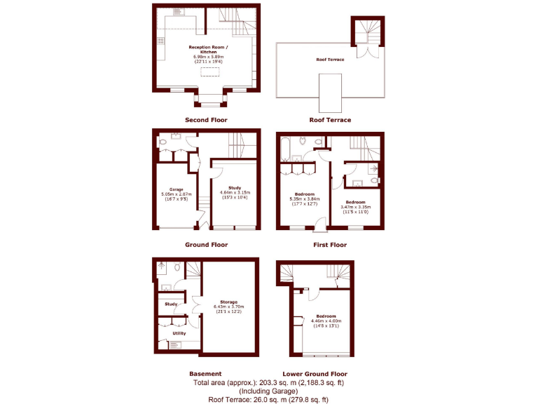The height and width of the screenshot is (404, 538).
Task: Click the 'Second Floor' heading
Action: tap(206, 120)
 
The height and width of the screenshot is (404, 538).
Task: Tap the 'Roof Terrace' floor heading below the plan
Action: tap(330, 120)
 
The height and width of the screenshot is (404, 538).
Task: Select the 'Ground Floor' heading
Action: tap(206, 245)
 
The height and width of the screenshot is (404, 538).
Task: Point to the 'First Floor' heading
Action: tap(330, 245)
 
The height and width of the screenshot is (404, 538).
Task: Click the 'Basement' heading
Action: tap(206, 374)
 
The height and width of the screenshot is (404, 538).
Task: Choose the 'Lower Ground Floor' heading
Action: tap(315, 374)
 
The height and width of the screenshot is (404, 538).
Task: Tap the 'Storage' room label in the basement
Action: tap(230, 302)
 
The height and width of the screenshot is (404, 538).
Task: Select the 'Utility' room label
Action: tap(179, 333)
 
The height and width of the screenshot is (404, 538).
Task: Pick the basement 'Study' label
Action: tap(171, 304)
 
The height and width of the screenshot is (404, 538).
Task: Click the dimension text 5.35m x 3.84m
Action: tap(304, 198)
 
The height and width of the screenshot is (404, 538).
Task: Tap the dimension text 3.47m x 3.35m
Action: tap(355, 207)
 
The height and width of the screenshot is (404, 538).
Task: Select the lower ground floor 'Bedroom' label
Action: tap(324, 316)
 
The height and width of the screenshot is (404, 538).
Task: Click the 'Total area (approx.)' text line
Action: tap(269, 383)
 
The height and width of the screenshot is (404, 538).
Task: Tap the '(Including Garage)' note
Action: tap(269, 391)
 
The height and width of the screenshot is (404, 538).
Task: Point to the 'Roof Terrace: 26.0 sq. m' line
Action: tap(269, 400)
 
